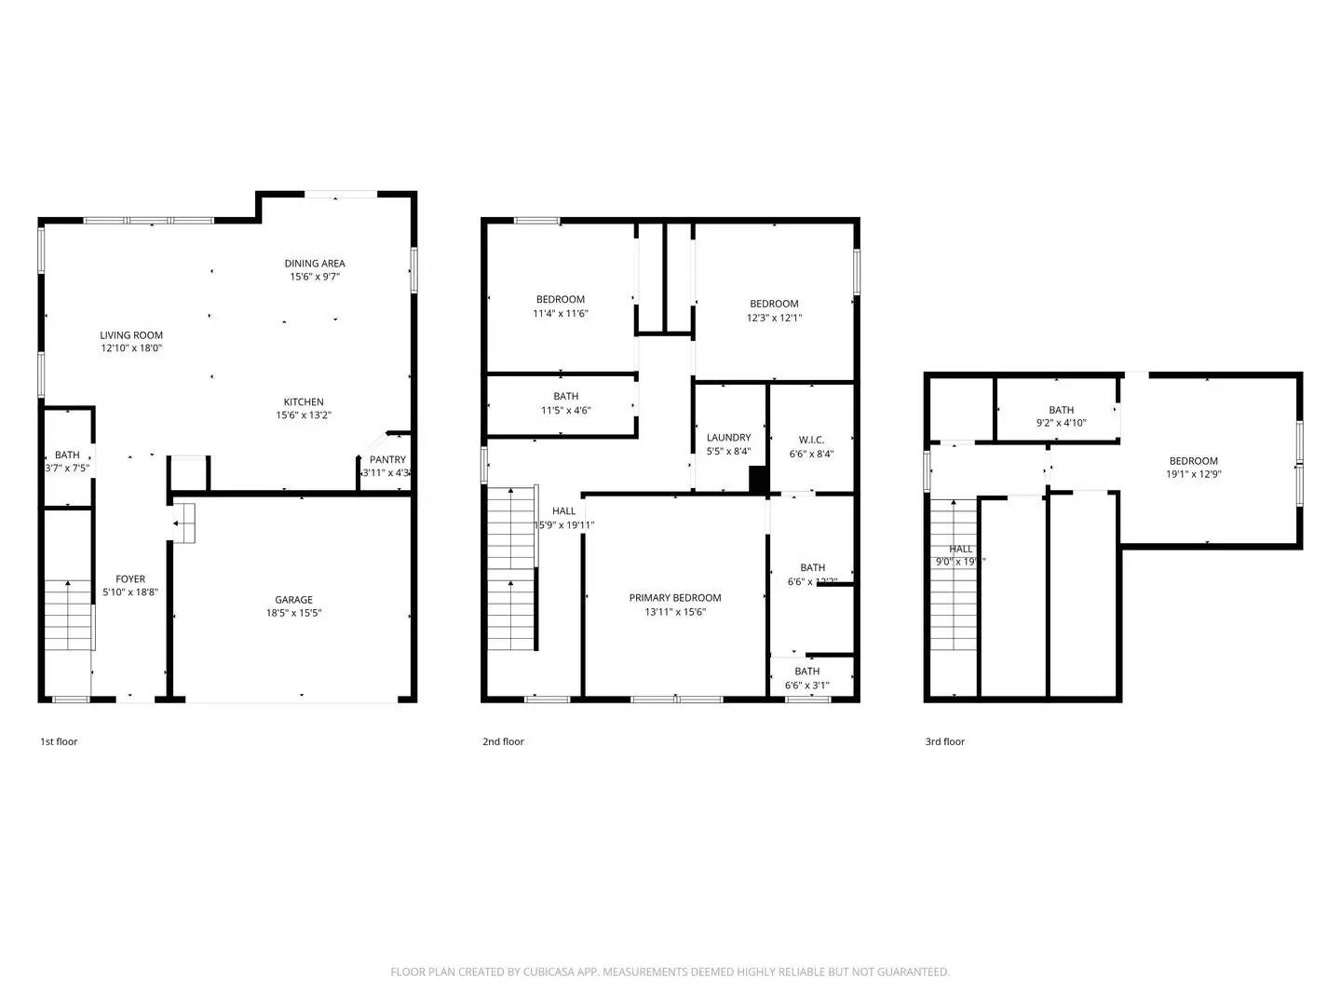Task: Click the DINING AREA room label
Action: pyautogui.click(x=315, y=264)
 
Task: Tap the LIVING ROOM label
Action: pyautogui.click(x=131, y=335)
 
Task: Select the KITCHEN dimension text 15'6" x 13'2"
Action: pyautogui.click(x=304, y=415)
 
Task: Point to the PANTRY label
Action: pyautogui.click(x=387, y=459)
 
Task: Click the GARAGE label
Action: pyautogui.click(x=293, y=600)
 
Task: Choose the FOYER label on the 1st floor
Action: pyautogui.click(x=130, y=579)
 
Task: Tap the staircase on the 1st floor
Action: pyautogui.click(x=69, y=615)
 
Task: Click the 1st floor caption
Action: pyautogui.click(x=59, y=741)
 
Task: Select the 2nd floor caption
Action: pyautogui.click(x=503, y=741)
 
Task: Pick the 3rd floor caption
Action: pyautogui.click(x=944, y=741)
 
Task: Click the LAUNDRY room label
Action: pyautogui.click(x=728, y=438)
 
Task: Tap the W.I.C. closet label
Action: pyautogui.click(x=811, y=440)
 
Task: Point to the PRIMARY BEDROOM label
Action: pyautogui.click(x=675, y=598)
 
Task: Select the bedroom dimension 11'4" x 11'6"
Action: pyautogui.click(x=561, y=314)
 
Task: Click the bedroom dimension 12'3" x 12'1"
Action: pyautogui.click(x=774, y=318)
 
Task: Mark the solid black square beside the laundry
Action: pyautogui.click(x=759, y=479)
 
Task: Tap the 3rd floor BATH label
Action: pyautogui.click(x=1061, y=410)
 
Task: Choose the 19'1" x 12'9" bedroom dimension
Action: pyautogui.click(x=1193, y=474)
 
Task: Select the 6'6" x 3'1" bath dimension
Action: pyautogui.click(x=807, y=686)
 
